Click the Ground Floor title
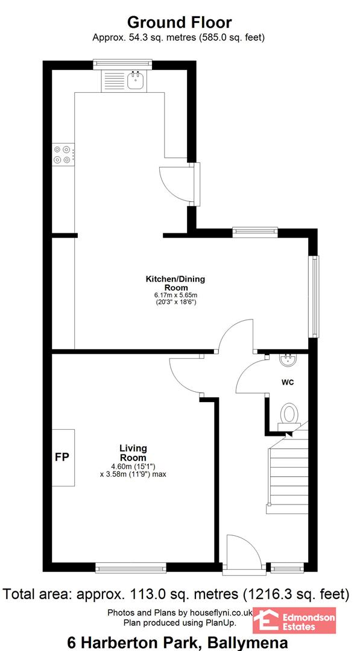click(x=179, y=22)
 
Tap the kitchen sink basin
click(x=136, y=81)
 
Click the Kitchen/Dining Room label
click(x=175, y=283)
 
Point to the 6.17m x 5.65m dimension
click(x=175, y=295)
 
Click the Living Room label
click(x=133, y=453)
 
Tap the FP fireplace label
click(x=62, y=457)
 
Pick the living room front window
click(x=131, y=568)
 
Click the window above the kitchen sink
click(x=122, y=64)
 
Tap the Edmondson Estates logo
click(x=294, y=621)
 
